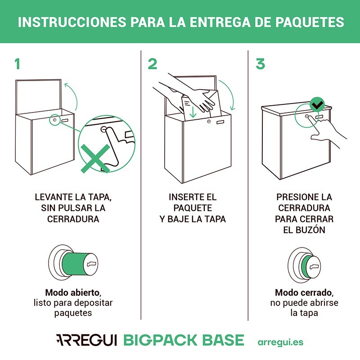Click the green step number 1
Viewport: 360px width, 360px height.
[18, 64]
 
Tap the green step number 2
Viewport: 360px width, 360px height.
[153, 64]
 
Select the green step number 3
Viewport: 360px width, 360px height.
[260, 64]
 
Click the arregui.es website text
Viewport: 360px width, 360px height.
[280, 342]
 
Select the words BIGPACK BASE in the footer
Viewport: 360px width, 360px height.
[183, 340]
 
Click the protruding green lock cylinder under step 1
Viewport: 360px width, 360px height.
[74, 262]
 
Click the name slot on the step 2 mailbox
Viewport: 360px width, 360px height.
[222, 122]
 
